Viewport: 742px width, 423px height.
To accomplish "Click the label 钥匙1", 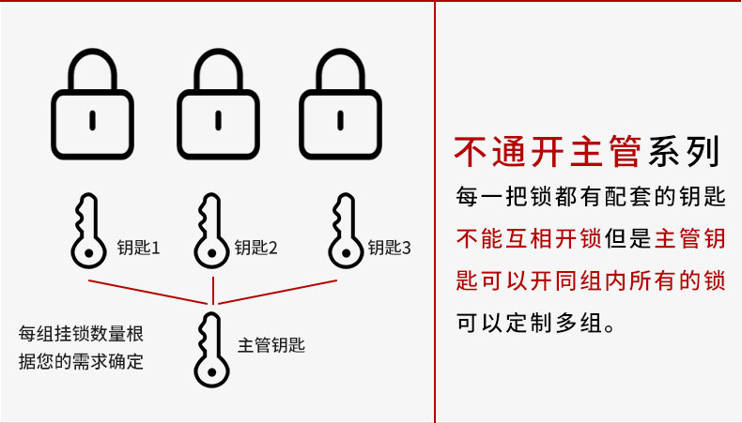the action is click(x=139, y=248).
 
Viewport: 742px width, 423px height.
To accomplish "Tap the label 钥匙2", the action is click(x=256, y=248).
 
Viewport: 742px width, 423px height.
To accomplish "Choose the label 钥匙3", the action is click(x=390, y=248).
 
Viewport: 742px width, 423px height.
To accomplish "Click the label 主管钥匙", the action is click(x=271, y=345).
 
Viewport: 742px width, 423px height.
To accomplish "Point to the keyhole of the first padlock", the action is click(x=93, y=120).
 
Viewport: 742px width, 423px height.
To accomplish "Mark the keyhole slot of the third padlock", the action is click(x=341, y=120).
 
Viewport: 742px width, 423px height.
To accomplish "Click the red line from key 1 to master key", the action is click(x=148, y=292).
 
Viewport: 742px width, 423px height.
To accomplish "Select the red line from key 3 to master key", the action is click(x=278, y=292).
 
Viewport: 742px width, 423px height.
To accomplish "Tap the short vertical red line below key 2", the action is click(x=213, y=291).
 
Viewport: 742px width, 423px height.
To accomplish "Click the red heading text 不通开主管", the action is click(x=548, y=151).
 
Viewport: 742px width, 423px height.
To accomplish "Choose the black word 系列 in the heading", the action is click(x=684, y=151).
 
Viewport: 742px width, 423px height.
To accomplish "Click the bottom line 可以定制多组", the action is click(x=535, y=324).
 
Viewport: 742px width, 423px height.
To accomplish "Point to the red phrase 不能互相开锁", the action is click(x=529, y=238).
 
